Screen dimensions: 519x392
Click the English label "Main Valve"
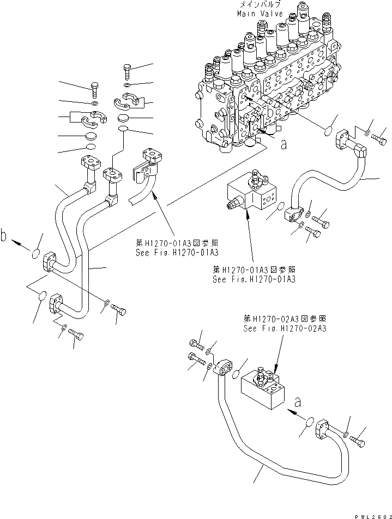[260, 14]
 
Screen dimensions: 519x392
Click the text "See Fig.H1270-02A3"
[285, 328]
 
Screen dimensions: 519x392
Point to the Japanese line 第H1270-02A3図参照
[285, 320]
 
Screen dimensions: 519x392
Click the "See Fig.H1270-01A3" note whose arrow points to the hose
[177, 253]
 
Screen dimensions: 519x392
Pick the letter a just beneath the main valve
[282, 145]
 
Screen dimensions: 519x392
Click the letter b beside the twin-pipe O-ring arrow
[5, 236]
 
